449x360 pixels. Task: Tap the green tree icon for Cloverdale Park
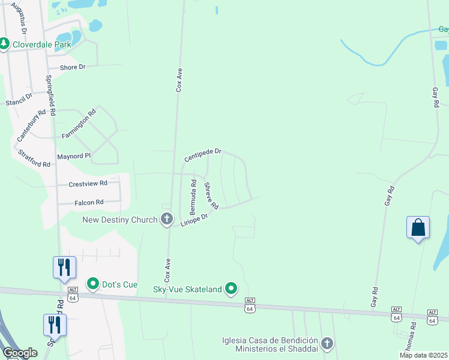pos(4,44)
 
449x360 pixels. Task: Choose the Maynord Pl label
pos(73,156)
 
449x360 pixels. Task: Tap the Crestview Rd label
pos(88,184)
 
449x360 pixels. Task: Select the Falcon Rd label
pos(89,203)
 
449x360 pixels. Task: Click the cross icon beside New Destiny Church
pos(167,220)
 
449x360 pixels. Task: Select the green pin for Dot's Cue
pos(92,283)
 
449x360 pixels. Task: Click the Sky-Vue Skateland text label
pos(187,290)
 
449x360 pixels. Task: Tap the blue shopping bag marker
pos(418,228)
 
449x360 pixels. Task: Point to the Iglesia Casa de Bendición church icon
pos(327,343)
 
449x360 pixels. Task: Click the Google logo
pos(20,353)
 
